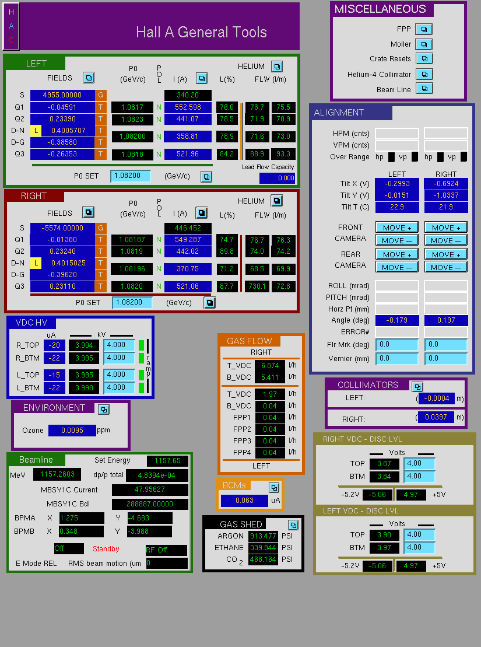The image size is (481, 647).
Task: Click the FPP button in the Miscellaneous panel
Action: tap(424, 29)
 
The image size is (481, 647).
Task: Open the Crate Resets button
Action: tap(424, 58)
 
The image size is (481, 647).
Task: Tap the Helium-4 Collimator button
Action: tap(424, 74)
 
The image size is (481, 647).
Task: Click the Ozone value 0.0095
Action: tap(72, 431)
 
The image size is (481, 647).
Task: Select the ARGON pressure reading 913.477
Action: tap(263, 536)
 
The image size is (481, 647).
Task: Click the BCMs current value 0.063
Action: tap(245, 501)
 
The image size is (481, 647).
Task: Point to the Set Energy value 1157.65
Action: tap(167, 460)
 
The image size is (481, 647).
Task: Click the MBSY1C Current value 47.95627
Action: tap(150, 490)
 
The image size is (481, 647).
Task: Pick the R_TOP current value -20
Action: tap(54, 345)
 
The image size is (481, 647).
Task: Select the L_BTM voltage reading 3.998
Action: tap(84, 388)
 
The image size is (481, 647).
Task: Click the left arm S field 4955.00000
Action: tap(62, 95)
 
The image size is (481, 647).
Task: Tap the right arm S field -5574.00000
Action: tap(62, 228)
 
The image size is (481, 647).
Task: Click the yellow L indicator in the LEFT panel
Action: tap(36, 131)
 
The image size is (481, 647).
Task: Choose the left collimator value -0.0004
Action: tap(437, 398)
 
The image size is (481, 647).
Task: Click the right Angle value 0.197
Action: tap(446, 320)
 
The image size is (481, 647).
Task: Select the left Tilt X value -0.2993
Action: tap(397, 184)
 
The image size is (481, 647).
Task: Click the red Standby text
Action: tap(106, 549)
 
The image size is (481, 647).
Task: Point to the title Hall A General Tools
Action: tap(201, 32)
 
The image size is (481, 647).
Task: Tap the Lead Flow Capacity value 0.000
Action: tap(277, 178)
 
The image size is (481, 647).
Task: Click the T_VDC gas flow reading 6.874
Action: tap(270, 366)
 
